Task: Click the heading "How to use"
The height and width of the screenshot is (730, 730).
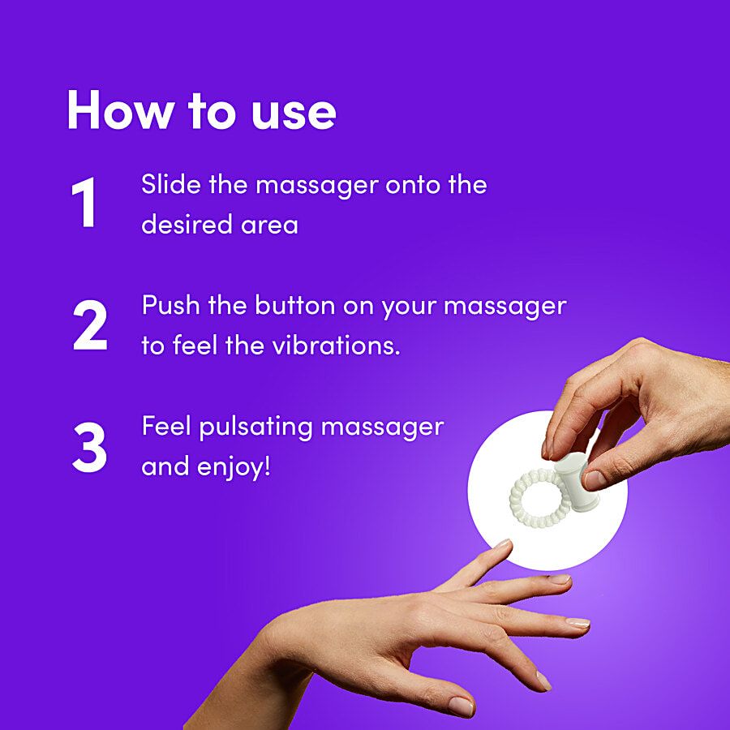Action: pyautogui.click(x=202, y=110)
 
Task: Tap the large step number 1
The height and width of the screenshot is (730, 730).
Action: pyautogui.click(x=84, y=203)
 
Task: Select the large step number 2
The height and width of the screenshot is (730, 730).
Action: pyautogui.click(x=90, y=324)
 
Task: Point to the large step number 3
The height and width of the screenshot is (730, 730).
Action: pyautogui.click(x=89, y=447)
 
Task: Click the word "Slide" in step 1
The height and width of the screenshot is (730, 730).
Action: pyautogui.click(x=171, y=184)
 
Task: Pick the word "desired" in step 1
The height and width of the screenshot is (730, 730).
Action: pyautogui.click(x=187, y=225)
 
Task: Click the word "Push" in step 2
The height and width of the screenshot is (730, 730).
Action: pyautogui.click(x=170, y=306)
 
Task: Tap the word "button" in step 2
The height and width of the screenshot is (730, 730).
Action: pyautogui.click(x=295, y=306)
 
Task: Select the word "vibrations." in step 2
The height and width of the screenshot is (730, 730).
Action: pyautogui.click(x=336, y=346)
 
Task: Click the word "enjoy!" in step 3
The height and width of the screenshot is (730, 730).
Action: pyautogui.click(x=234, y=468)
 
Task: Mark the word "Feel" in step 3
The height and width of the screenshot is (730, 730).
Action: pyautogui.click(x=166, y=426)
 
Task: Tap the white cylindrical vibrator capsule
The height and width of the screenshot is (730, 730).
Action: pyautogui.click(x=578, y=482)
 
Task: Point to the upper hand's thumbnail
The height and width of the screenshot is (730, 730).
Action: pyautogui.click(x=595, y=479)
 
